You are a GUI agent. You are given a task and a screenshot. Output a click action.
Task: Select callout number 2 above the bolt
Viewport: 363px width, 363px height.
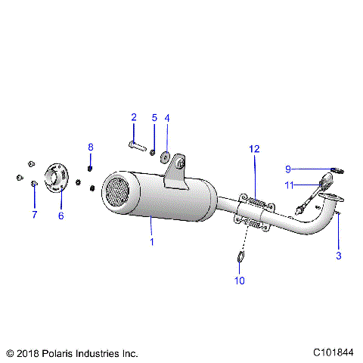[134, 117]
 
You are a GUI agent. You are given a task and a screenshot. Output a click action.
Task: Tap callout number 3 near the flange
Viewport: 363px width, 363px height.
[339, 256]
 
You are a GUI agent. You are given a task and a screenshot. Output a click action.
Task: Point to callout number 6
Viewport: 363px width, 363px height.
[61, 216]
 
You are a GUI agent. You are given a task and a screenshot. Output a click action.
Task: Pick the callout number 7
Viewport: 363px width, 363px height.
[34, 215]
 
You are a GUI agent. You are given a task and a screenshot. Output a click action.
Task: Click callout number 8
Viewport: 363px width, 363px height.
[91, 147]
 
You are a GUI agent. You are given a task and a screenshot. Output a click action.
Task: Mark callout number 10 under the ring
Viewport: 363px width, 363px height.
[240, 281]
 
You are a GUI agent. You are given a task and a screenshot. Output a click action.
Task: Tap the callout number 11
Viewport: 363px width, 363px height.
[289, 185]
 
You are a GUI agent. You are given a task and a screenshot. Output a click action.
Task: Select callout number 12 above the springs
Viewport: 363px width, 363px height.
[255, 149]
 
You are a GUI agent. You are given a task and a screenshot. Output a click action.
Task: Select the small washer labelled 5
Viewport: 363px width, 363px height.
[154, 151]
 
